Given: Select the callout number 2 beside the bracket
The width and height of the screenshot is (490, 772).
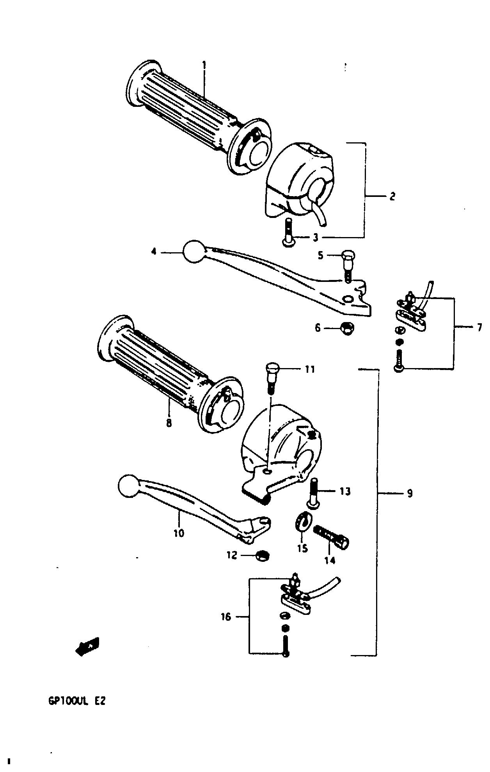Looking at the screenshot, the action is pyautogui.click(x=392, y=196).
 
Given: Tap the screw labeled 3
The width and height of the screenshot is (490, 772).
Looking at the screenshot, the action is pyautogui.click(x=288, y=232).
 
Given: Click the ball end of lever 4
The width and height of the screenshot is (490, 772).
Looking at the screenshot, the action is pyautogui.click(x=194, y=251).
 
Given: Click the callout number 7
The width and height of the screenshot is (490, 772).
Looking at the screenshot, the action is pyautogui.click(x=479, y=328).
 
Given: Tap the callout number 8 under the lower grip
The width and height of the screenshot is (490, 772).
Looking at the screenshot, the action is pyautogui.click(x=169, y=423).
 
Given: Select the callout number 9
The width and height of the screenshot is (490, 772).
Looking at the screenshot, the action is pyautogui.click(x=409, y=494).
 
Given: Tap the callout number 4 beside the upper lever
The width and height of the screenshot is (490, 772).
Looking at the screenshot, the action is pyautogui.click(x=154, y=252).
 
